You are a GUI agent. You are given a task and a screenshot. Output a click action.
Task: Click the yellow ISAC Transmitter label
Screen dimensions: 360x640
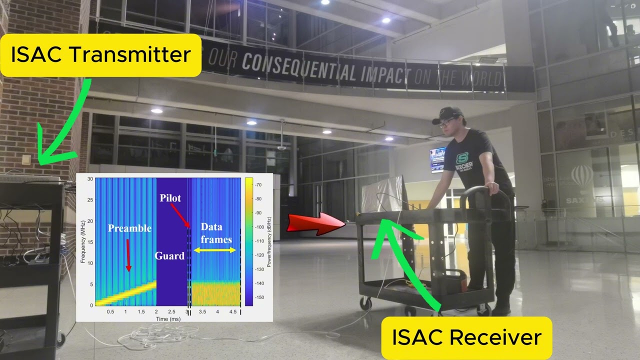[100, 55]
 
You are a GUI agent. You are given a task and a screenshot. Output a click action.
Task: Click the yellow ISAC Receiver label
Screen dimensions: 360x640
[466, 337]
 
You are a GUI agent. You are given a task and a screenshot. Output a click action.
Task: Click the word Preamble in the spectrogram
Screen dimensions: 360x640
[129, 228]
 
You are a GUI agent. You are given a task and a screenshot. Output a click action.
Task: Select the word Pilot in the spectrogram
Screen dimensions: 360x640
[170, 198]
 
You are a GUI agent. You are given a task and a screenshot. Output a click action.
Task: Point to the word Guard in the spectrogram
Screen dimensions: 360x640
[169, 256]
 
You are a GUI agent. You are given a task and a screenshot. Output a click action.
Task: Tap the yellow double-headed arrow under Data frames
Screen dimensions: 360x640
[214, 250]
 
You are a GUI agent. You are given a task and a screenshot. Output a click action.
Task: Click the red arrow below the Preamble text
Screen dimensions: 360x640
[128, 255]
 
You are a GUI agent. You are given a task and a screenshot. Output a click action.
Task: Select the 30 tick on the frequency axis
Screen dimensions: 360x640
[90, 179]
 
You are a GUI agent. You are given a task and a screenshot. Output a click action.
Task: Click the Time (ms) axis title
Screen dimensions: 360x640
[168, 318]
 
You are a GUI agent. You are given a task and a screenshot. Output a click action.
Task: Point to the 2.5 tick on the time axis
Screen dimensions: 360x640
[171, 311]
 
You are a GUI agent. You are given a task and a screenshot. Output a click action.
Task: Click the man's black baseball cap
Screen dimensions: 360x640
[447, 114]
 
